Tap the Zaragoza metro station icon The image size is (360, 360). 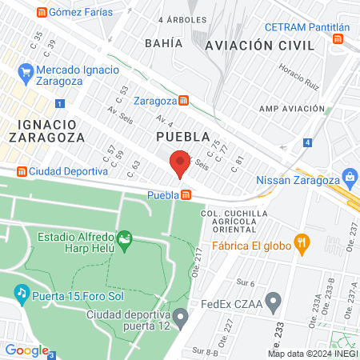click(185, 101)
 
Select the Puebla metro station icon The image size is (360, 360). click(186, 194)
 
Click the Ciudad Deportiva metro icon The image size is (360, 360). click(22, 171)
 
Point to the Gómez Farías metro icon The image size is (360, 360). click(41, 12)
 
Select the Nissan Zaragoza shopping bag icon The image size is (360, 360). click(349, 176)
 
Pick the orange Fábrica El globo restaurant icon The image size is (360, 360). click(302, 242)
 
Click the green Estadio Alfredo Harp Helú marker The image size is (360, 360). click(124, 238)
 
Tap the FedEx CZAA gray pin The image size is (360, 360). click(274, 302)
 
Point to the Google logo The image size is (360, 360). click(26, 350)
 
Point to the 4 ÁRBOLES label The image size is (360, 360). click(182, 18)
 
